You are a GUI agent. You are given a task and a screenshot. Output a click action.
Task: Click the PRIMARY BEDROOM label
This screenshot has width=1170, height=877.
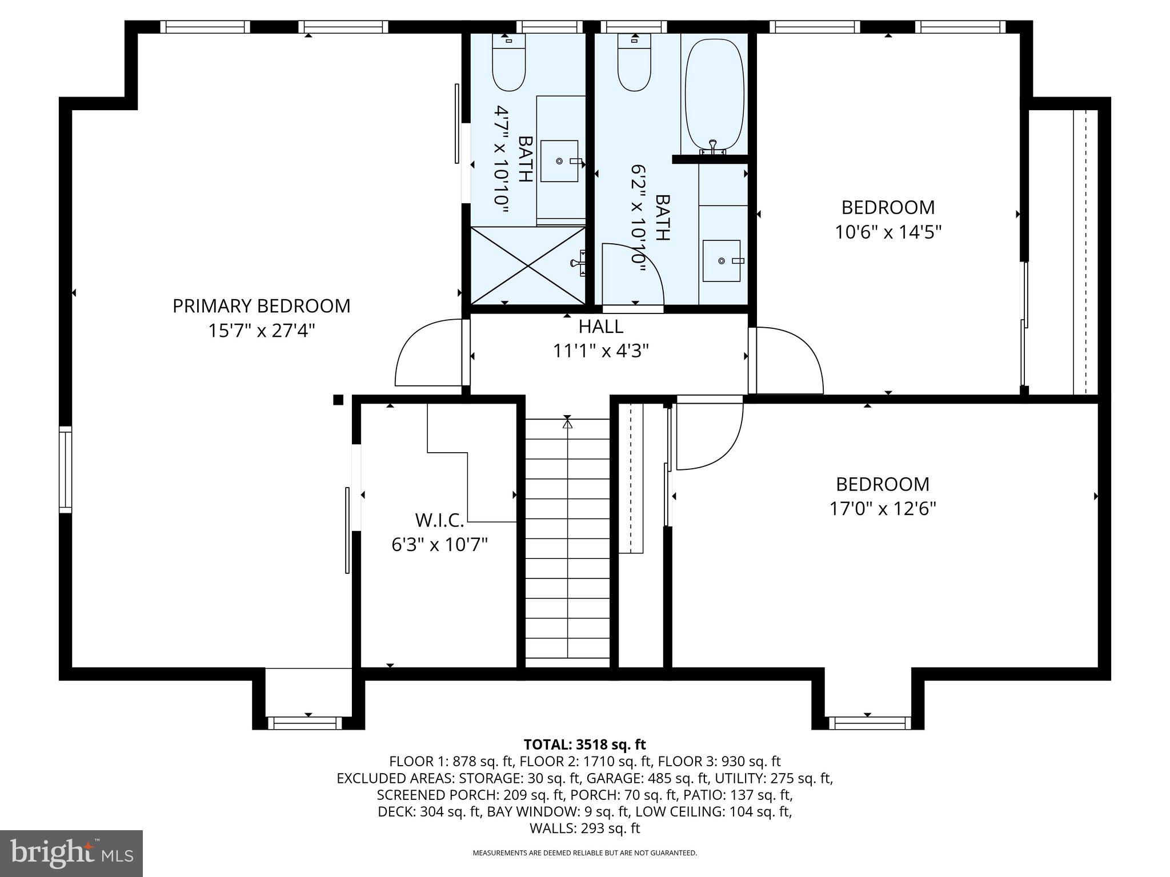tap(261, 306)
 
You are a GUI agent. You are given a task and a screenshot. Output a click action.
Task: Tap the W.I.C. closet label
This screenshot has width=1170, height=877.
tap(439, 520)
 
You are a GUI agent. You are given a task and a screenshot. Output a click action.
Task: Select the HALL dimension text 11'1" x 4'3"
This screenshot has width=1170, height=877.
tap(600, 351)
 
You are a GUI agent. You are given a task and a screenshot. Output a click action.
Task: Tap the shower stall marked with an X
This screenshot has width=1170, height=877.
tap(527, 264)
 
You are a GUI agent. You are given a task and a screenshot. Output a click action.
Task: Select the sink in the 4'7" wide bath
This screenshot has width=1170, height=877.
tap(560, 162)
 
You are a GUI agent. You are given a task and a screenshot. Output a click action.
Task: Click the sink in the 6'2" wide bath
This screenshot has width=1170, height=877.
tap(722, 261)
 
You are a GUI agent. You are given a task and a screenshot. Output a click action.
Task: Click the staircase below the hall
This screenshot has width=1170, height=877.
tap(567, 542)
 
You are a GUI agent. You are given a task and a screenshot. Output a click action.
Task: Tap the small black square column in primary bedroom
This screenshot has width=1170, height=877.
tap(338, 400)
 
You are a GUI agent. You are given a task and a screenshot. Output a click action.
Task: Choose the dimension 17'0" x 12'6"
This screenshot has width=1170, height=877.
tap(883, 508)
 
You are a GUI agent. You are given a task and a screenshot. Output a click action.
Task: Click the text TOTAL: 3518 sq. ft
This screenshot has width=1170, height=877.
tap(584, 745)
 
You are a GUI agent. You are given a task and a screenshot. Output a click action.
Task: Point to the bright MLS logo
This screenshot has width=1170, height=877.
tap(71, 853)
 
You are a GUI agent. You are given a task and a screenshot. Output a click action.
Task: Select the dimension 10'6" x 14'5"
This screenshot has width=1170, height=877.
tap(888, 232)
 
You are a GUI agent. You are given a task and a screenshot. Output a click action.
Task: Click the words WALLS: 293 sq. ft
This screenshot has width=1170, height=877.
tap(584, 828)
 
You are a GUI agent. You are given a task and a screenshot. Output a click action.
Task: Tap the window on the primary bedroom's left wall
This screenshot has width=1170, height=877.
tap(66, 469)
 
